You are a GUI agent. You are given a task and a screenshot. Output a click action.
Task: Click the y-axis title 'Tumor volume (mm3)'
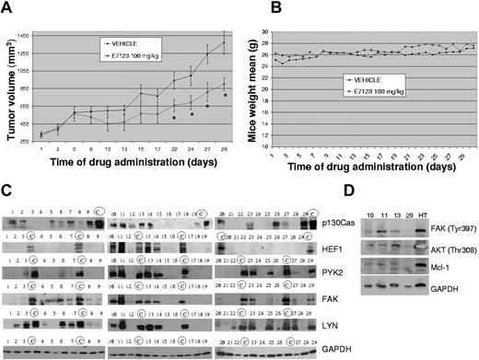[16, 92]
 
